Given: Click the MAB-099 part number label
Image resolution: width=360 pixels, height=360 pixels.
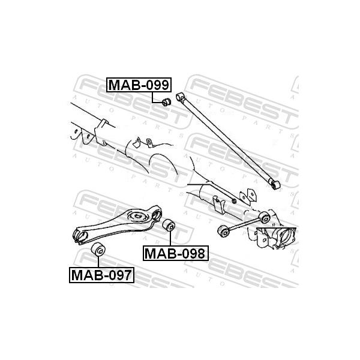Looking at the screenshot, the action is tap(139, 85).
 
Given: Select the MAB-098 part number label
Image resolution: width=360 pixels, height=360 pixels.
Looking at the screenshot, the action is tap(176, 253).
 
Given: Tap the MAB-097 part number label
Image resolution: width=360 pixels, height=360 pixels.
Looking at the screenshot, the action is tap(102, 275).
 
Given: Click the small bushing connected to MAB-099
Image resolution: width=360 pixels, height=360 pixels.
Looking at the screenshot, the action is tap(166, 102).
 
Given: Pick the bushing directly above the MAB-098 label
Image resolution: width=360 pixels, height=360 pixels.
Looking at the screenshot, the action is tap(169, 225).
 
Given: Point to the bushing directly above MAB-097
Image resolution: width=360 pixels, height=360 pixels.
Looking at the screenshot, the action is tap(98, 248).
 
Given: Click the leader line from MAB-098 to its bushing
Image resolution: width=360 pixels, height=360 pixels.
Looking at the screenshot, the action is tap(170, 238).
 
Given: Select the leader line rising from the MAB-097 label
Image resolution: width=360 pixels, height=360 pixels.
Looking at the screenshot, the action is tap(98, 261).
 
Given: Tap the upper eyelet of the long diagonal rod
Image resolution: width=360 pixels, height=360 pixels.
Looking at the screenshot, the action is tap(180, 97).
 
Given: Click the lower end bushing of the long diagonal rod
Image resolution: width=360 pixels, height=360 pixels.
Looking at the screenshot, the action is tap(275, 185).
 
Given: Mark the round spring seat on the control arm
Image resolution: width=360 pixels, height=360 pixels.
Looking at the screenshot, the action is tap(137, 216).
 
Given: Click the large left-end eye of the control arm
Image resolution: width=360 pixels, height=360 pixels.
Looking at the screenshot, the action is tap(80, 235).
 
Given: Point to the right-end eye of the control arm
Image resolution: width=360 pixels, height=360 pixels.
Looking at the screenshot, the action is tap(157, 214).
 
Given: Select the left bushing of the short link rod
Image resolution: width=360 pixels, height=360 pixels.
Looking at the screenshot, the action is tap(223, 231).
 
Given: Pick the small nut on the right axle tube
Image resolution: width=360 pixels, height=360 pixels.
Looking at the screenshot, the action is tap(234, 201).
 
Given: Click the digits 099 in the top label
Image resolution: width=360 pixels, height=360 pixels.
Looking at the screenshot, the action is tap(158, 85).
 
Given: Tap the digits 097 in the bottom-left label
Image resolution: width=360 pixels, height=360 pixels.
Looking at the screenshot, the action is tap(121, 275).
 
